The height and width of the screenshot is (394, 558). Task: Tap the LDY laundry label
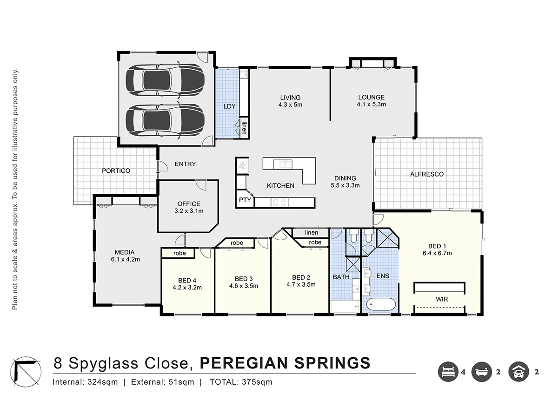tap(229, 106)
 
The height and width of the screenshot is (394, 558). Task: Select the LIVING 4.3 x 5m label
tap(290, 101)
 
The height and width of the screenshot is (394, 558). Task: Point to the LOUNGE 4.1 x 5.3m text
tap(371, 101)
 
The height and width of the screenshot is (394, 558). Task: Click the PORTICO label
tap(116, 171)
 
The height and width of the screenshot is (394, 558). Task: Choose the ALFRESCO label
tap(426, 175)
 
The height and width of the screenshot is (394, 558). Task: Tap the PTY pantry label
tap(245, 200)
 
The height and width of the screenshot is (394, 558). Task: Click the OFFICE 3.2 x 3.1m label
tap(189, 207)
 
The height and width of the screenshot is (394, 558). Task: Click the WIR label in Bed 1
tap(442, 300)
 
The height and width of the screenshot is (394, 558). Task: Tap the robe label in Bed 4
tap(179, 253)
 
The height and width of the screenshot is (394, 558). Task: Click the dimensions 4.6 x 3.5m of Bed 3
tap(243, 286)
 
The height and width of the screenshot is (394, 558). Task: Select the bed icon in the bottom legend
tap(447, 372)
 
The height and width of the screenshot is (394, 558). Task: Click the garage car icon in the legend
tap(519, 372)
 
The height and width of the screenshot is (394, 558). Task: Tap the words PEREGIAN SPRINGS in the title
tap(285, 362)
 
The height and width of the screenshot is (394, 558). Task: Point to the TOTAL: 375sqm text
tap(241, 382)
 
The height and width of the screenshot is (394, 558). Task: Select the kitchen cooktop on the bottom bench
tap(279, 202)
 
